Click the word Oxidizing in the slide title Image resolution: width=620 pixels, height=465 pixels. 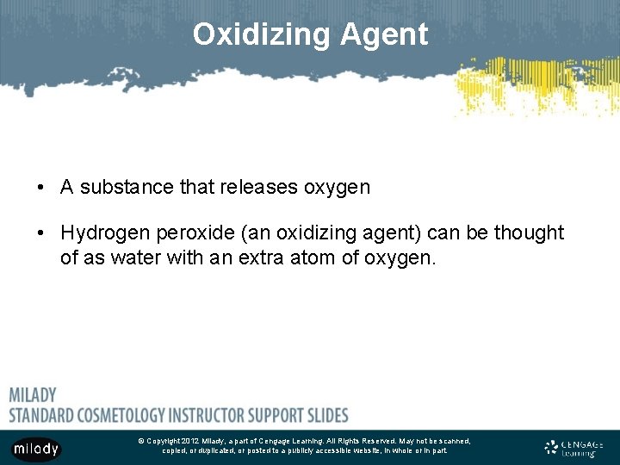click(261, 34)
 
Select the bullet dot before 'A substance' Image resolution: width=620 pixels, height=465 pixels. click(41, 188)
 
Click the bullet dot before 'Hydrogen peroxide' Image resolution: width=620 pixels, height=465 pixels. click(41, 233)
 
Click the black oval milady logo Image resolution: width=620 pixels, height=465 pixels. click(36, 449)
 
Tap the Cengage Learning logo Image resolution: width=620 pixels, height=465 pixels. click(574, 448)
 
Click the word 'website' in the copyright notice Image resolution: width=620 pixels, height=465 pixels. click(369, 450)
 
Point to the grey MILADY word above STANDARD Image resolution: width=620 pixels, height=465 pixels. click(33, 395)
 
